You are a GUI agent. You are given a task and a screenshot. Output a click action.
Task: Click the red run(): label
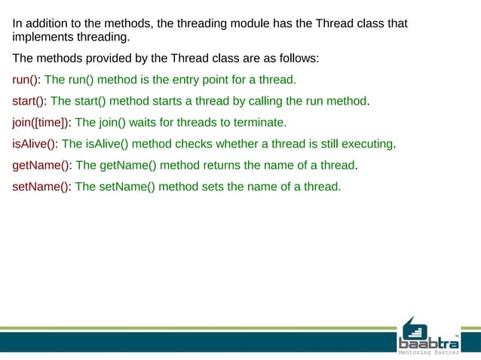[27, 79]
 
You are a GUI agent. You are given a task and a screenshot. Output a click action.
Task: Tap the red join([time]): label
[42, 122]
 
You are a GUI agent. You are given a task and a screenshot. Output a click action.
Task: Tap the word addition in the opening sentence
[47, 24]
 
